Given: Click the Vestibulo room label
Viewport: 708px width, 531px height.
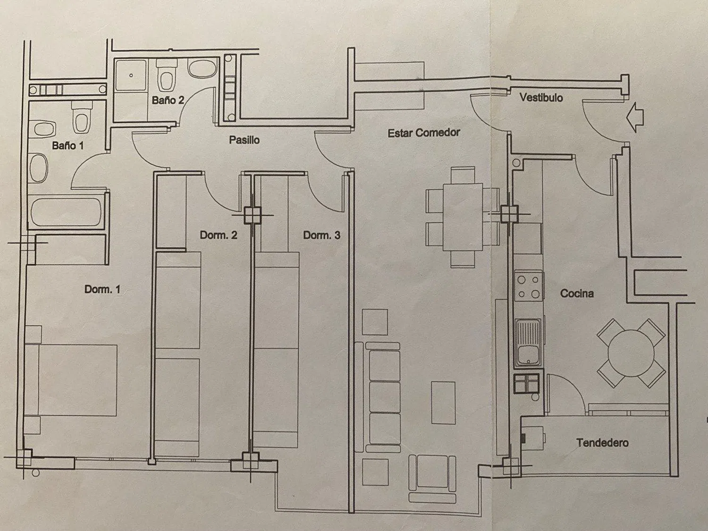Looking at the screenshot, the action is pos(541,98).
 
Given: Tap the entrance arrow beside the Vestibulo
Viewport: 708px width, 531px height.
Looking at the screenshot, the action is pos(634,118).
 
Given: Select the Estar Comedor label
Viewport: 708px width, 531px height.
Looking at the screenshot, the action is pos(423,133).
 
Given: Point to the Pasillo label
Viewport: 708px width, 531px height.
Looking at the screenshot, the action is pos(244,140).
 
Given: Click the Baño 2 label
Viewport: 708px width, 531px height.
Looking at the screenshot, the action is pos(168,100).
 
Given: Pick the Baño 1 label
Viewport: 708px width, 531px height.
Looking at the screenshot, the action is pos(68,146).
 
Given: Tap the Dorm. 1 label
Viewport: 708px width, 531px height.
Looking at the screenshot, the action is pos(102,289).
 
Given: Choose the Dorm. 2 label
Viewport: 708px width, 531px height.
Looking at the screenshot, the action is pos(219,235).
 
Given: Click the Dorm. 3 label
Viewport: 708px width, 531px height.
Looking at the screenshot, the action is pos(321,236).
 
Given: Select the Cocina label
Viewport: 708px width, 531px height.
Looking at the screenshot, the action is pos(577,294).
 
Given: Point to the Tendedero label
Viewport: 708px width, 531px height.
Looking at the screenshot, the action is pos(602,443).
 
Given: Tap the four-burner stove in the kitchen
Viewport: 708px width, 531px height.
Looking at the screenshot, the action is pos(528,287).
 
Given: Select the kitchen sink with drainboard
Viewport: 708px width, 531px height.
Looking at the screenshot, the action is pos(528,342).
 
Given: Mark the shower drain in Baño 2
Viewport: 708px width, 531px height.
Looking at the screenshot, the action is pos(131,76).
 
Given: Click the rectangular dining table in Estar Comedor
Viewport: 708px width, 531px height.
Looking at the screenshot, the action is pos(463,217).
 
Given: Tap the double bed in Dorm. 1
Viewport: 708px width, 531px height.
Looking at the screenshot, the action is pos(71,380).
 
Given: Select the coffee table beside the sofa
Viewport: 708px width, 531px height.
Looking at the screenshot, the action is pos(444,403).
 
